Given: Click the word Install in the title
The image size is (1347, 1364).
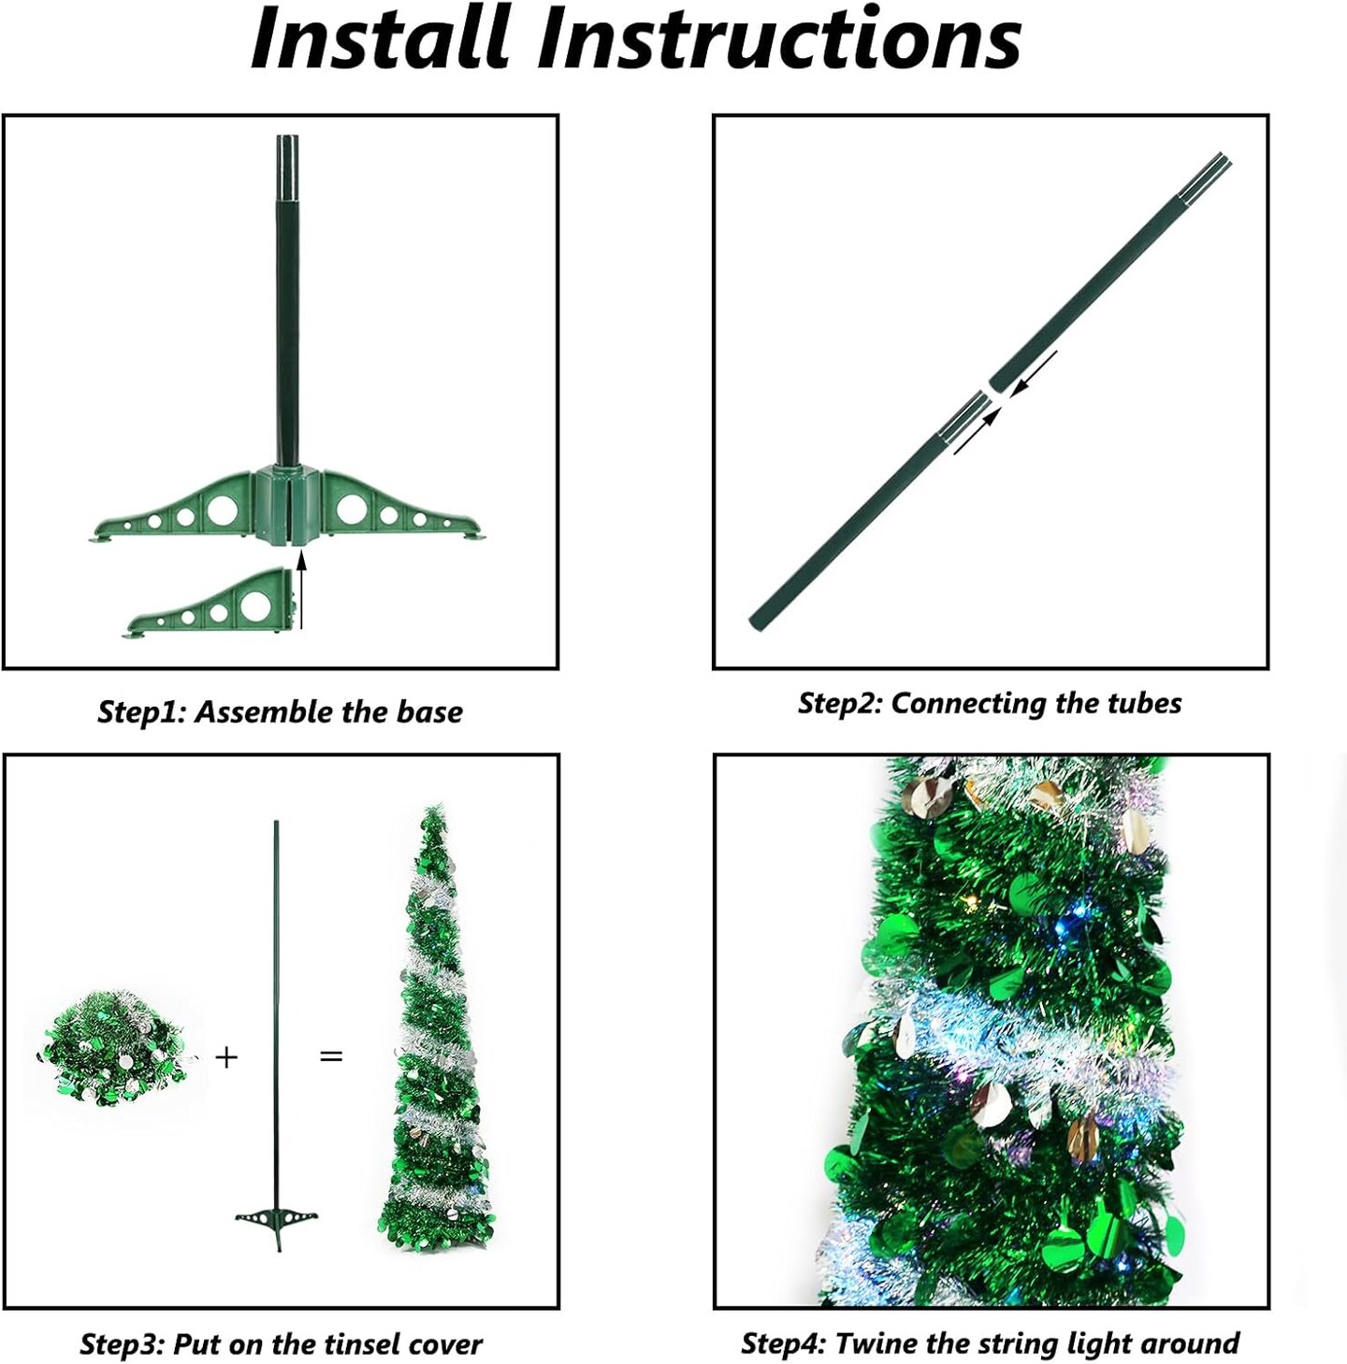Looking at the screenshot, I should point(384,38).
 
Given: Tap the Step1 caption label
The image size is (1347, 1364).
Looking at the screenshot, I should point(143,712).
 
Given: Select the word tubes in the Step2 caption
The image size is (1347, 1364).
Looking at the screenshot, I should point(1144,703).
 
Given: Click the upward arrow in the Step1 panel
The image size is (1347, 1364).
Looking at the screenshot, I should point(300,589).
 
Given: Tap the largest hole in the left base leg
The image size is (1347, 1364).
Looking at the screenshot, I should point(223,510).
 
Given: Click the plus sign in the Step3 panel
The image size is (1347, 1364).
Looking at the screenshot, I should point(226,1057).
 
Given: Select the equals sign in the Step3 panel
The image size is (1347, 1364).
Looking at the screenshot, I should point(331,1056).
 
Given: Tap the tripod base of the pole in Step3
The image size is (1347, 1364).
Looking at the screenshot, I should point(276,1221).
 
